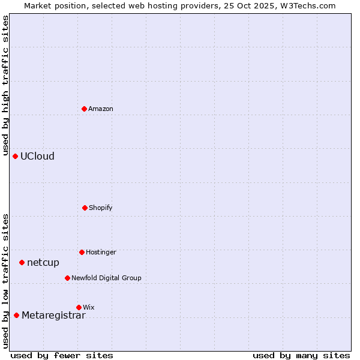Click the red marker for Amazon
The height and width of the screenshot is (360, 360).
pyautogui.click(x=85, y=109)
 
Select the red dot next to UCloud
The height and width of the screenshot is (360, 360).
pyautogui.click(x=16, y=156)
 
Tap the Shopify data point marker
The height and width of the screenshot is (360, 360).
pyautogui.click(x=85, y=208)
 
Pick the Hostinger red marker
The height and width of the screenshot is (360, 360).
pyautogui.click(x=82, y=252)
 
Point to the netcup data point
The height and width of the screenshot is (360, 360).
pyautogui.click(x=22, y=262)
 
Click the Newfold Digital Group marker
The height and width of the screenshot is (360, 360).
pyautogui.click(x=67, y=278)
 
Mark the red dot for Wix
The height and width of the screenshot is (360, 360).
pyautogui.click(x=79, y=307)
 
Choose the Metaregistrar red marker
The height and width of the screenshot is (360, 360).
pyautogui.click(x=16, y=316)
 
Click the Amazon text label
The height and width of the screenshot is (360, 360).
pyautogui.click(x=101, y=109)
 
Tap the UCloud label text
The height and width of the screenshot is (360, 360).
pyautogui.click(x=37, y=157)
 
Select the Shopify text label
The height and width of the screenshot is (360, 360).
pyautogui.click(x=101, y=208)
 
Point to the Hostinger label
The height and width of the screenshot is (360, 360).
pyautogui.click(x=101, y=252)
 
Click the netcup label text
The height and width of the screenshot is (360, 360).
pyautogui.click(x=43, y=263)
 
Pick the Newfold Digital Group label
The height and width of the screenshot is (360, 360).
pyautogui.click(x=106, y=278)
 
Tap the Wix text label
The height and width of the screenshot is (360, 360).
pyautogui.click(x=89, y=307)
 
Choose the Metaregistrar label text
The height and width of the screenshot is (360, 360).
pyautogui.click(x=53, y=316)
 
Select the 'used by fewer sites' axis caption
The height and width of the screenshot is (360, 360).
pyautogui.click(x=62, y=355)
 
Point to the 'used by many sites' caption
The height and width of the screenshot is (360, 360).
pyautogui.click(x=301, y=355)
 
